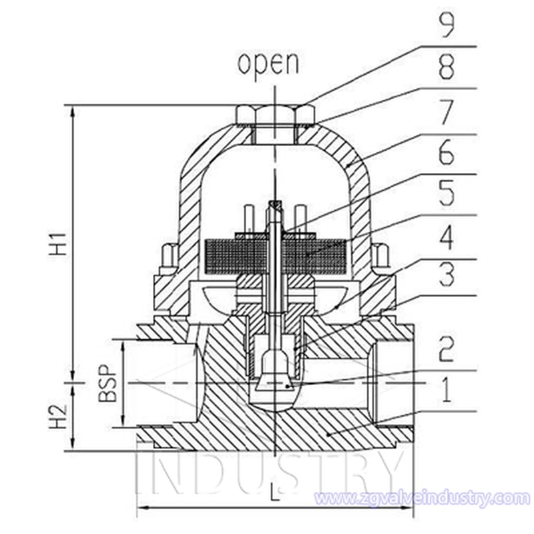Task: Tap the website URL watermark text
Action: click(421, 498)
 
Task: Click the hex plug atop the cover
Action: click(275, 115)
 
